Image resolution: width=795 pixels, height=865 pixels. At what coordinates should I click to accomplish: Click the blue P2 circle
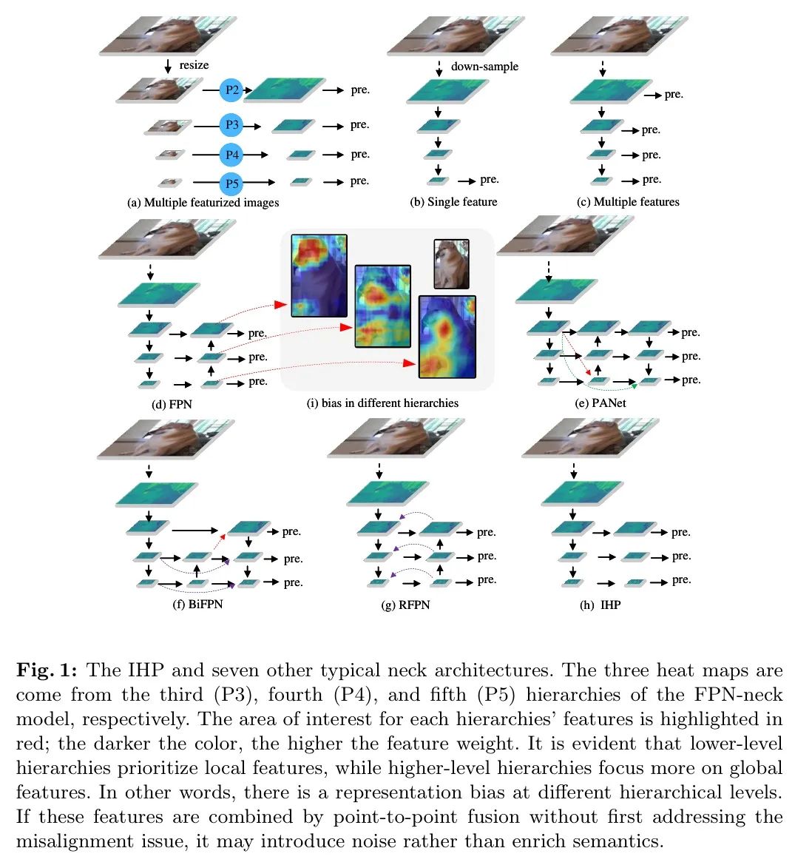coord(232,90)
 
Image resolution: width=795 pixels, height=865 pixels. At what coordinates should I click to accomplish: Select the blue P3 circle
coord(232,125)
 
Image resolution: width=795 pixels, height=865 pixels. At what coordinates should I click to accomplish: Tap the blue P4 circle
coord(232,155)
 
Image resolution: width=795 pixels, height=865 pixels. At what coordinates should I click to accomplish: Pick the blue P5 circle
coord(232,184)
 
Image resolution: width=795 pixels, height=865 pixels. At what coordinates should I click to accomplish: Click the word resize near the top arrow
coord(194,65)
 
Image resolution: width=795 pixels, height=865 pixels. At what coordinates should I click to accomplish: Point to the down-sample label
coord(484,66)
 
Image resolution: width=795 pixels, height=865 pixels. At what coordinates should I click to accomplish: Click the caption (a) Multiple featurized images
coord(203,202)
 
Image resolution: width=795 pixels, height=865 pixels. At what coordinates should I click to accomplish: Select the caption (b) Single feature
coord(453,201)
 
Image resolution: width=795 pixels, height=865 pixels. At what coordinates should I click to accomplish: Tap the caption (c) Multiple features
coord(628,201)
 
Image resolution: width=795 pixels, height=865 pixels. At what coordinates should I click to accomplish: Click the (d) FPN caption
coord(172,404)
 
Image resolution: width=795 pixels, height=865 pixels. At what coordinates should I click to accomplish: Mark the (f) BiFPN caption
coord(197,604)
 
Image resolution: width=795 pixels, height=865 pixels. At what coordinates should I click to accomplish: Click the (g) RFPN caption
coord(405,605)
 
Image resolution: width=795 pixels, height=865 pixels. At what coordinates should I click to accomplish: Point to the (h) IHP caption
coord(600,605)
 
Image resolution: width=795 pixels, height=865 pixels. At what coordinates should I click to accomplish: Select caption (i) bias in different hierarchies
coord(382,403)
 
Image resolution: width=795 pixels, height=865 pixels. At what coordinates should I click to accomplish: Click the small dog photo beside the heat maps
coord(451,263)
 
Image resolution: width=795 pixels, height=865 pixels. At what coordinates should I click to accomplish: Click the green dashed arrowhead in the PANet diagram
coord(634,386)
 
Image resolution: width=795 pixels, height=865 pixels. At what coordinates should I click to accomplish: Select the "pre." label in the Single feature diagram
coord(489,179)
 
